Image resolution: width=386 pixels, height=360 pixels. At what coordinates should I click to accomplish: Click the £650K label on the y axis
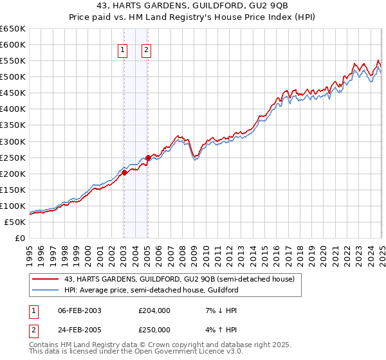[x=13, y=29]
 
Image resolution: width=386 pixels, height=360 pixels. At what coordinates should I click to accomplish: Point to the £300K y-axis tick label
[x=13, y=141]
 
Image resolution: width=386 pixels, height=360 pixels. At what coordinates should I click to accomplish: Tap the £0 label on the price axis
[x=20, y=239]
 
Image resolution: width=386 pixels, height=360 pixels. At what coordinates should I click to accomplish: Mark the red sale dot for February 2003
[x=124, y=172]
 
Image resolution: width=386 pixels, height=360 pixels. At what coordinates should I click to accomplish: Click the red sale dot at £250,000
[x=148, y=157]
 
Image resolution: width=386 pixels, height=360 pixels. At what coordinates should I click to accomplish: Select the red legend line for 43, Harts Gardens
[x=46, y=280]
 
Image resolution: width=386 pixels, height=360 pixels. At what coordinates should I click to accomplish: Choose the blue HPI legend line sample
[x=46, y=291]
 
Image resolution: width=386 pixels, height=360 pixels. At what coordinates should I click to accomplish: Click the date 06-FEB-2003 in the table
[x=79, y=310]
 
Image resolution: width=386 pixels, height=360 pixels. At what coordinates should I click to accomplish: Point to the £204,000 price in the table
[x=154, y=310]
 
